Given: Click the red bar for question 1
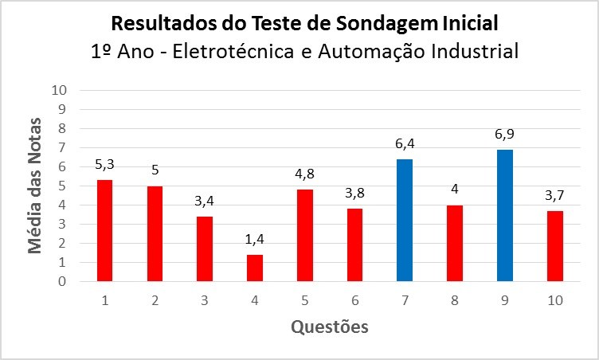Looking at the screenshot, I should [x=104, y=231].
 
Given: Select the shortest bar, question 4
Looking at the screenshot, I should [x=255, y=268].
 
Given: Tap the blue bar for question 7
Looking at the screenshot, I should [x=405, y=221].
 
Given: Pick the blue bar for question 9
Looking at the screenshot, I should [x=505, y=216].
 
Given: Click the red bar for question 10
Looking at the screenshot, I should [x=555, y=246].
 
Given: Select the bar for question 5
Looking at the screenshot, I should [x=305, y=236].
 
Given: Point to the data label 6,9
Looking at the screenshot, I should [x=505, y=134].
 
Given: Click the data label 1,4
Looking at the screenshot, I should [x=255, y=239].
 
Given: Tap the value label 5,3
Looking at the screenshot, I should [x=104, y=165].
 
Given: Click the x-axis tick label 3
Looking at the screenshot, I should [x=205, y=299].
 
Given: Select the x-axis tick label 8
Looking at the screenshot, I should [x=455, y=299].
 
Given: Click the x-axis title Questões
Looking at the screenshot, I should [x=329, y=327].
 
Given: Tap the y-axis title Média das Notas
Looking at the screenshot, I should [x=35, y=185].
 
